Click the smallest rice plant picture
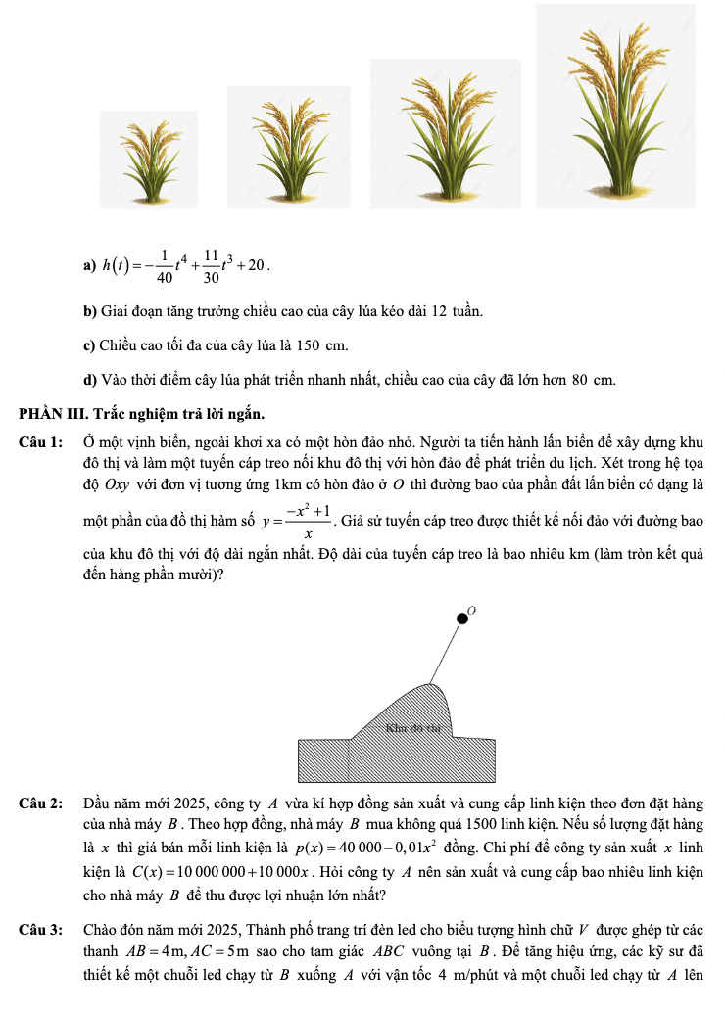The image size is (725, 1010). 149,160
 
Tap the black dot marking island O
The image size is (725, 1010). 462,619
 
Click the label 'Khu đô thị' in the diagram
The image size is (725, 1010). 414,727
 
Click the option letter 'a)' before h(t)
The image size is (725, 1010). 89,266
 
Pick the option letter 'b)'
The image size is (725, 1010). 89,311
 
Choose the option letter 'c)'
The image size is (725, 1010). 89,345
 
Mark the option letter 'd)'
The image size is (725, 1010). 89,379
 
